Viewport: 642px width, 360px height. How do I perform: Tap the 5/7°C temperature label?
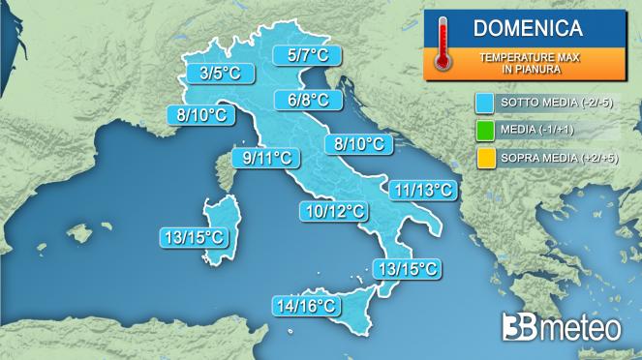click(x=301, y=55)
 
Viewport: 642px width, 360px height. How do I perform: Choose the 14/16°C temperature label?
click(x=306, y=307)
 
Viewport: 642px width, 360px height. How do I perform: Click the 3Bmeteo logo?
click(x=561, y=327)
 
